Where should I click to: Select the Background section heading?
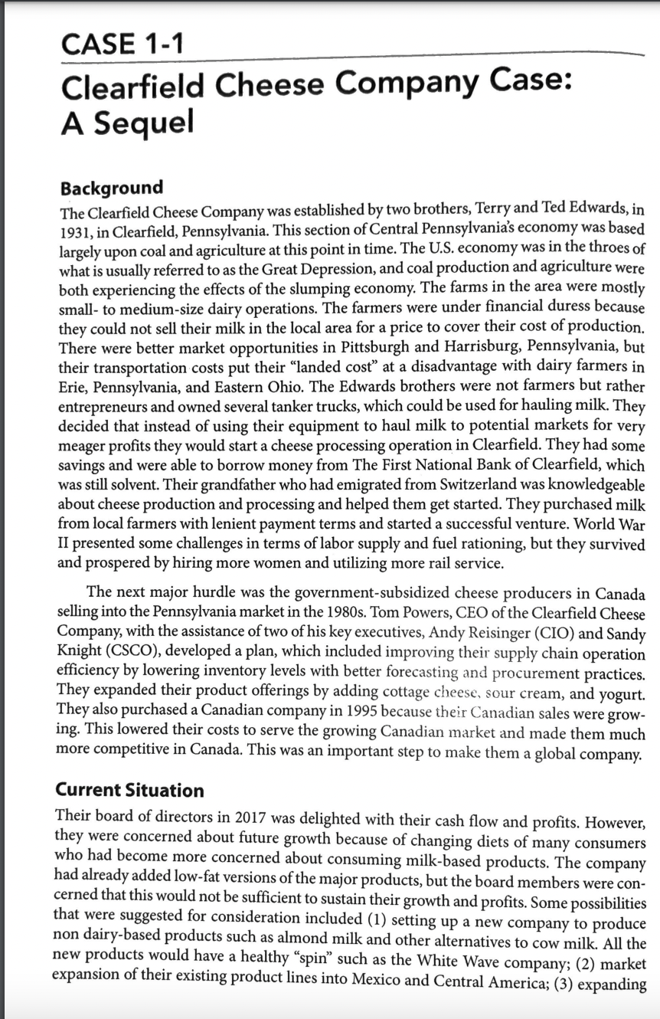111,188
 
